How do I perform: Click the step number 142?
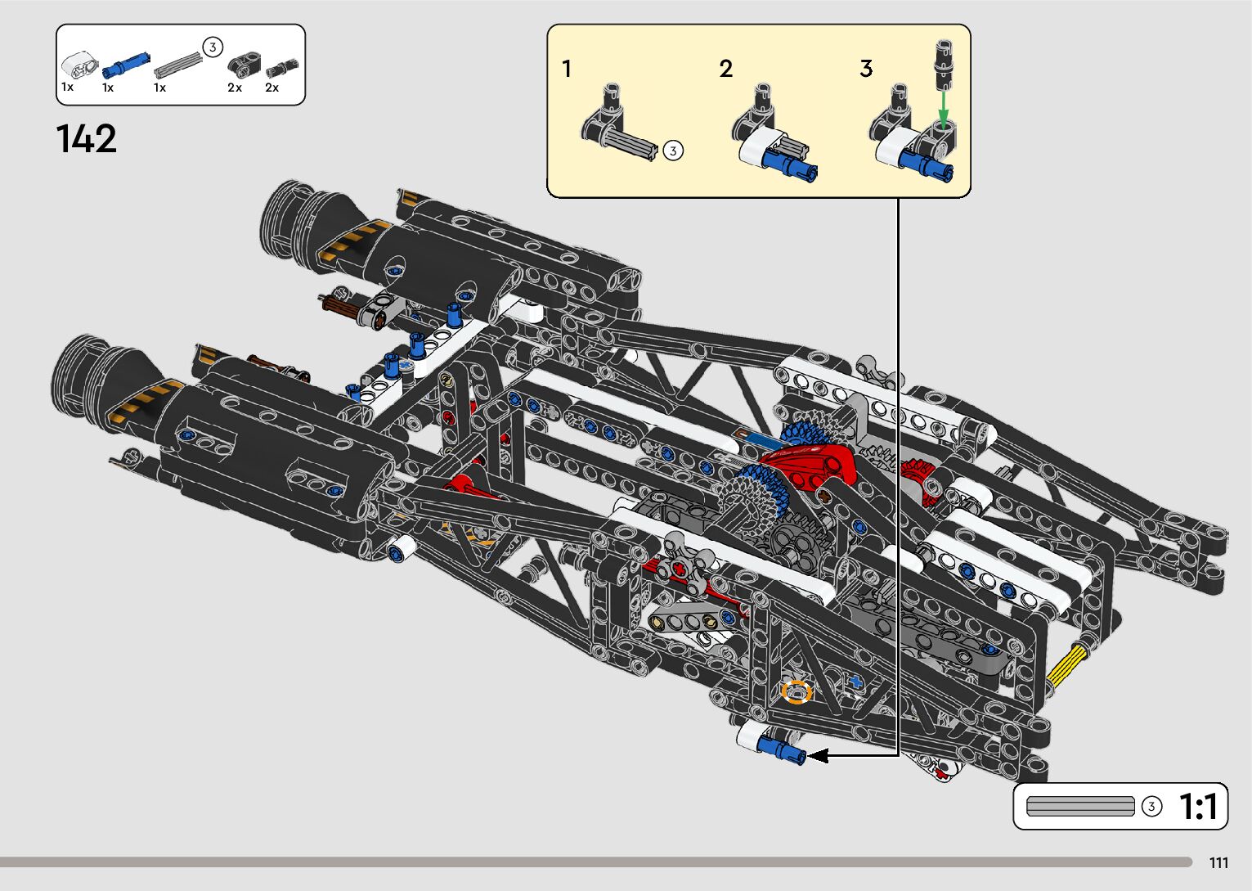pos(87,139)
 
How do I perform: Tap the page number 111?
pos(1218,863)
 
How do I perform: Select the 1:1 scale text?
pos(1198,807)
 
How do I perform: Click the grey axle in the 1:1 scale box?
pos(1079,807)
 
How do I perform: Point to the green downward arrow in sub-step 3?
pos(944,107)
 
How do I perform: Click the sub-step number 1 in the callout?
pos(567,69)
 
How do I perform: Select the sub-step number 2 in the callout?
pos(725,69)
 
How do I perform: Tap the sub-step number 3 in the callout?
pos(866,69)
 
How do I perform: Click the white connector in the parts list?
pos(79,62)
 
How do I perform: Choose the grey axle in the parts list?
pos(178,63)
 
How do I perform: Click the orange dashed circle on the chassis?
pos(796,692)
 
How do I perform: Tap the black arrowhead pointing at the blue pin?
pos(818,756)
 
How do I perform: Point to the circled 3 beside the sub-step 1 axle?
pos(672,151)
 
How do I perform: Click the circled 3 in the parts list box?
pos(212,47)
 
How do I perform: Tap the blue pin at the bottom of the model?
pos(781,749)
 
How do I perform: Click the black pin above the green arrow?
pos(944,63)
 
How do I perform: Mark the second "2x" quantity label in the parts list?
pos(272,88)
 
